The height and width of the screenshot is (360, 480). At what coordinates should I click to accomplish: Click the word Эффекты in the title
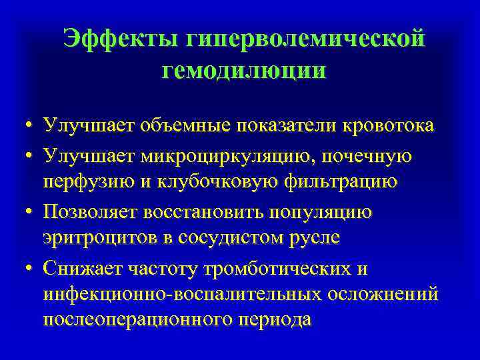coord(120,39)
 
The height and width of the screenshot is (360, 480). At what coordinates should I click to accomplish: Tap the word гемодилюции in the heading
coord(244,71)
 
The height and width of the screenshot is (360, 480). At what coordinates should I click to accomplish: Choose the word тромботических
coord(286,269)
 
